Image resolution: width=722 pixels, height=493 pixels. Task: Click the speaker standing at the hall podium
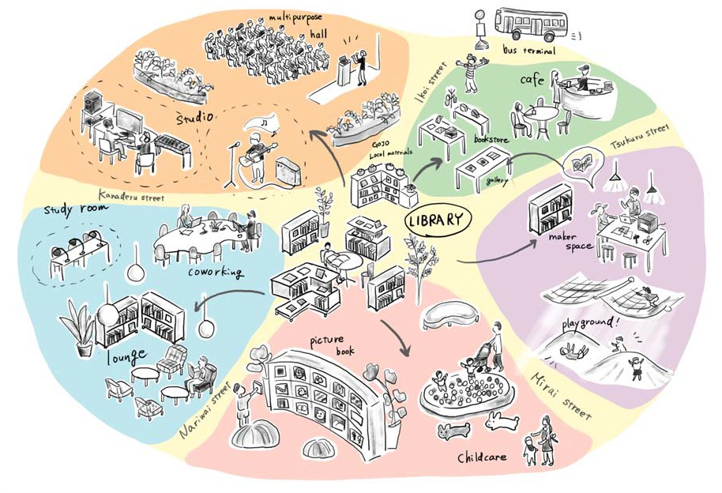(363, 65)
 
